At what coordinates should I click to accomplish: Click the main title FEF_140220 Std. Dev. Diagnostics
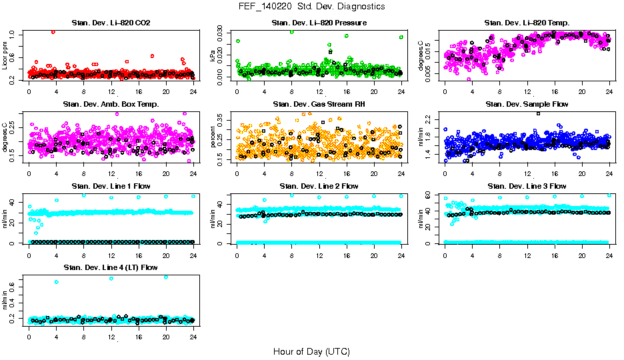click(311, 7)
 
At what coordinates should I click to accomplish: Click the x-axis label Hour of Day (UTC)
click(311, 351)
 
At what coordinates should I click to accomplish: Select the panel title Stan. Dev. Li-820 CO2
click(111, 23)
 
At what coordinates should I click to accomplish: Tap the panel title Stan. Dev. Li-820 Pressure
click(319, 23)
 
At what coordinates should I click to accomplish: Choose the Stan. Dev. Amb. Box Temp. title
click(111, 105)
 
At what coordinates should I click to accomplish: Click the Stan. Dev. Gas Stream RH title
click(319, 105)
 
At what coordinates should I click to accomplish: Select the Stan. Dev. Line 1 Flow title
click(111, 186)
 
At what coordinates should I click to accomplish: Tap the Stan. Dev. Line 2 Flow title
click(319, 186)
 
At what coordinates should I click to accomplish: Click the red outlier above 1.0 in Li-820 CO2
click(53, 31)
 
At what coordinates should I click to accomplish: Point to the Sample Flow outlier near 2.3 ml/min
click(538, 113)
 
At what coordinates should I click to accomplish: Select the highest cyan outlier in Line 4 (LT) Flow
click(166, 277)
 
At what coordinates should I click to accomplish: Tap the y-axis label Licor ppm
click(5, 56)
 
